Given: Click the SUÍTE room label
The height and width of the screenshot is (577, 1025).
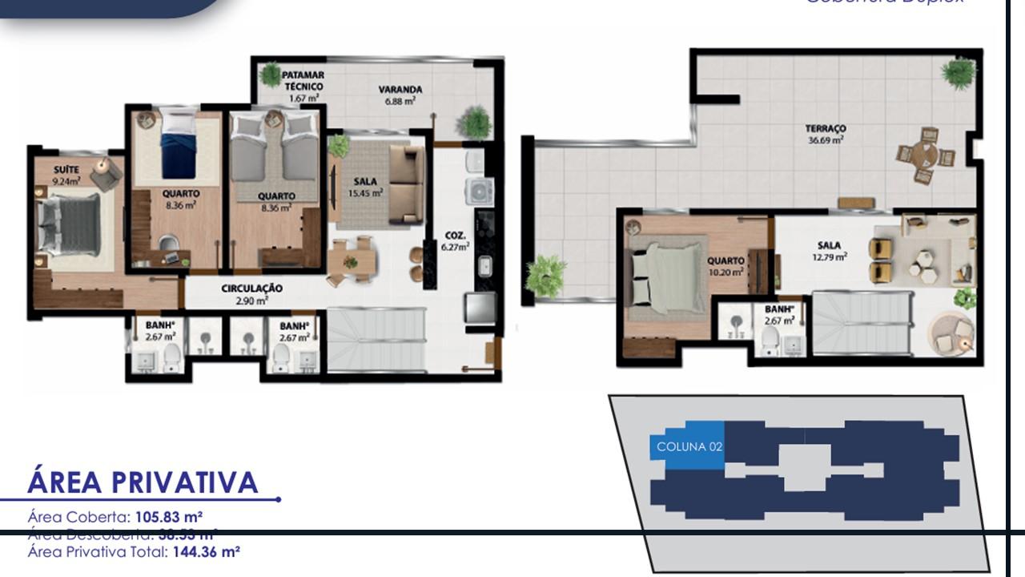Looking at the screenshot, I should click(x=66, y=170).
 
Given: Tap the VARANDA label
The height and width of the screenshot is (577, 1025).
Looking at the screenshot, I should click(x=400, y=90).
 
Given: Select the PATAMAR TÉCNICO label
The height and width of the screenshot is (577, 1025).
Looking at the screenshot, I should click(x=303, y=80).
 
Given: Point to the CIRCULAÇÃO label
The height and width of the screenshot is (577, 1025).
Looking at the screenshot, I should click(x=251, y=288).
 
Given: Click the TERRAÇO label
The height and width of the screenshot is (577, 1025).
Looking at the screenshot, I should click(x=826, y=128).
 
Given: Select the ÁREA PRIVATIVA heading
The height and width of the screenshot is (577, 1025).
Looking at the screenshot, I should click(x=143, y=482).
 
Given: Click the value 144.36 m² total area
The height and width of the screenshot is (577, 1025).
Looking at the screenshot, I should click(x=207, y=551).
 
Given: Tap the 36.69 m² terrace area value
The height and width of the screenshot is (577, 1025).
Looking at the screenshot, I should click(x=826, y=139).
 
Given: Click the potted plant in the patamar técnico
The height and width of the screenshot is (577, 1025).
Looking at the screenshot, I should click(x=271, y=75).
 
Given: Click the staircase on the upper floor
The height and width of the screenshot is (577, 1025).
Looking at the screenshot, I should click(x=862, y=322).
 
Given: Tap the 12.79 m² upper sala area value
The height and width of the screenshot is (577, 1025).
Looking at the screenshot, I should click(x=830, y=257).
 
